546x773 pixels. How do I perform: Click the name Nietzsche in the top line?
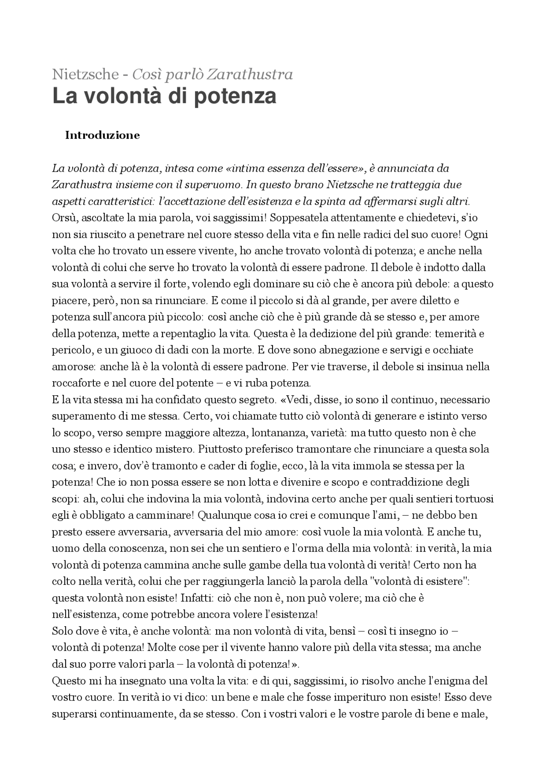85,74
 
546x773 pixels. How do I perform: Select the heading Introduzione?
102,135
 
